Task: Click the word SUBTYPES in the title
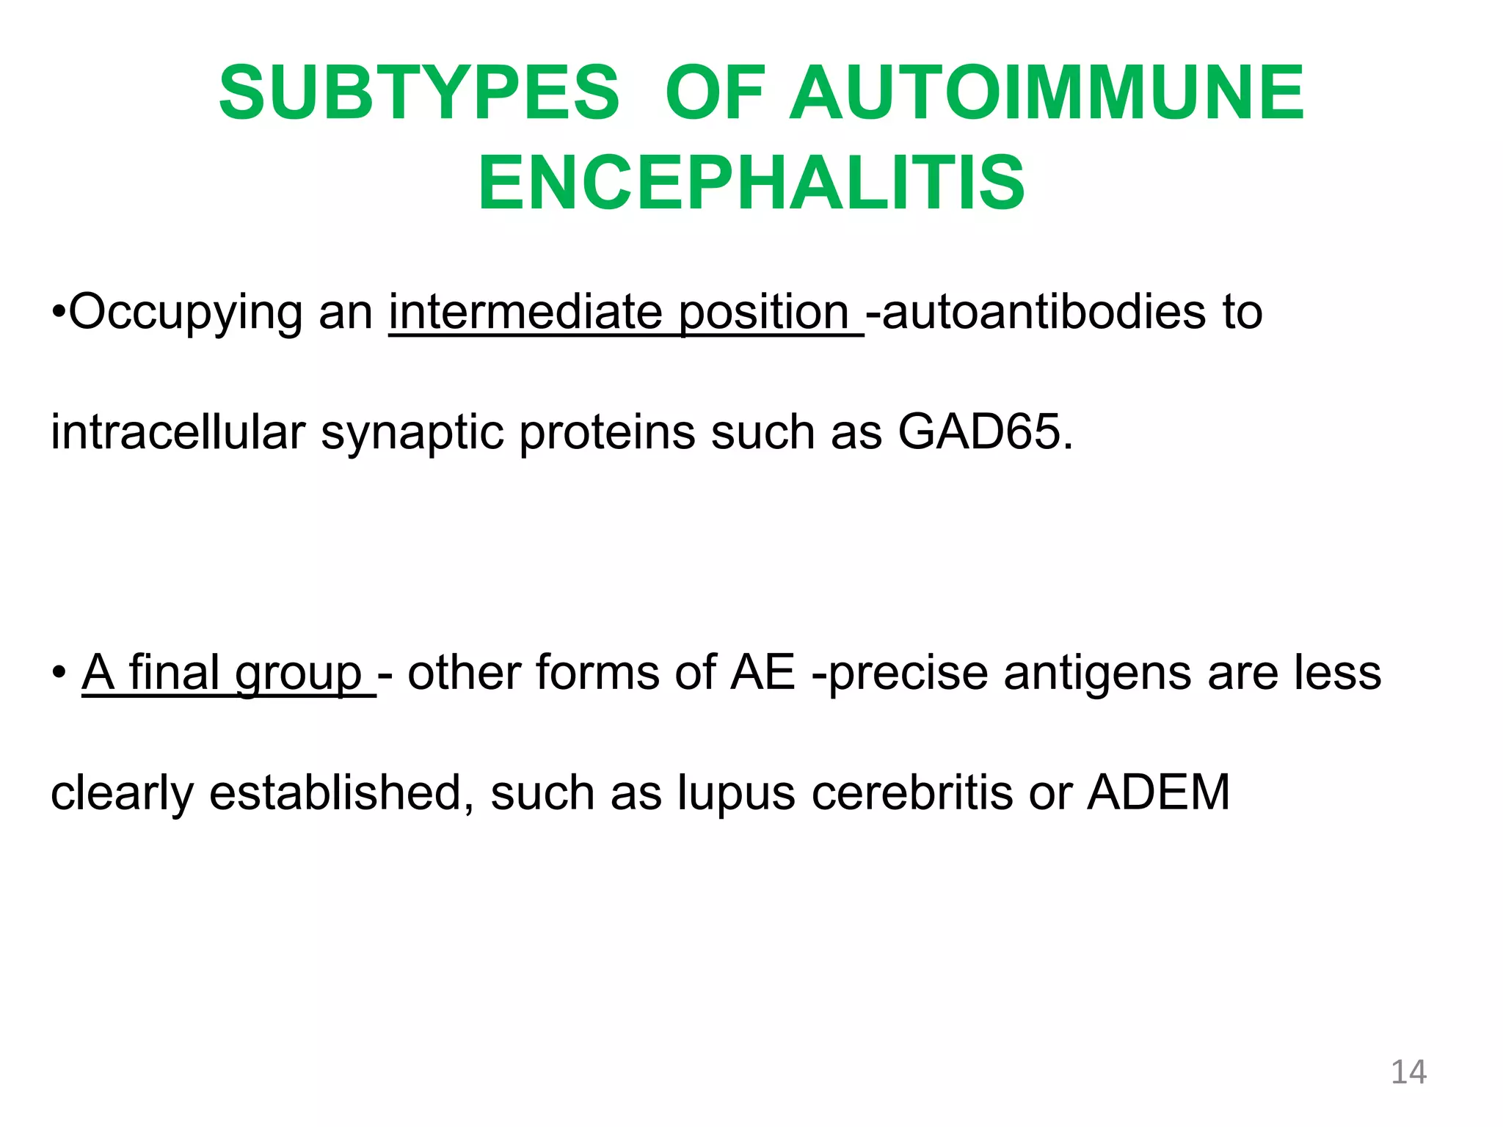[x=419, y=93]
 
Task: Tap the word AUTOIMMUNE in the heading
[x=1047, y=93]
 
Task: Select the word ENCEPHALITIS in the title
[x=751, y=183]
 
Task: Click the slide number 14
[x=1408, y=1072]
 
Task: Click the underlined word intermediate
[x=525, y=313]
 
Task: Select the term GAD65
[x=985, y=432]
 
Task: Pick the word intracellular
[x=178, y=432]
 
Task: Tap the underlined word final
[x=174, y=672]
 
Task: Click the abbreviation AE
[x=763, y=672]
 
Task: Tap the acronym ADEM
[x=1158, y=793]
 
